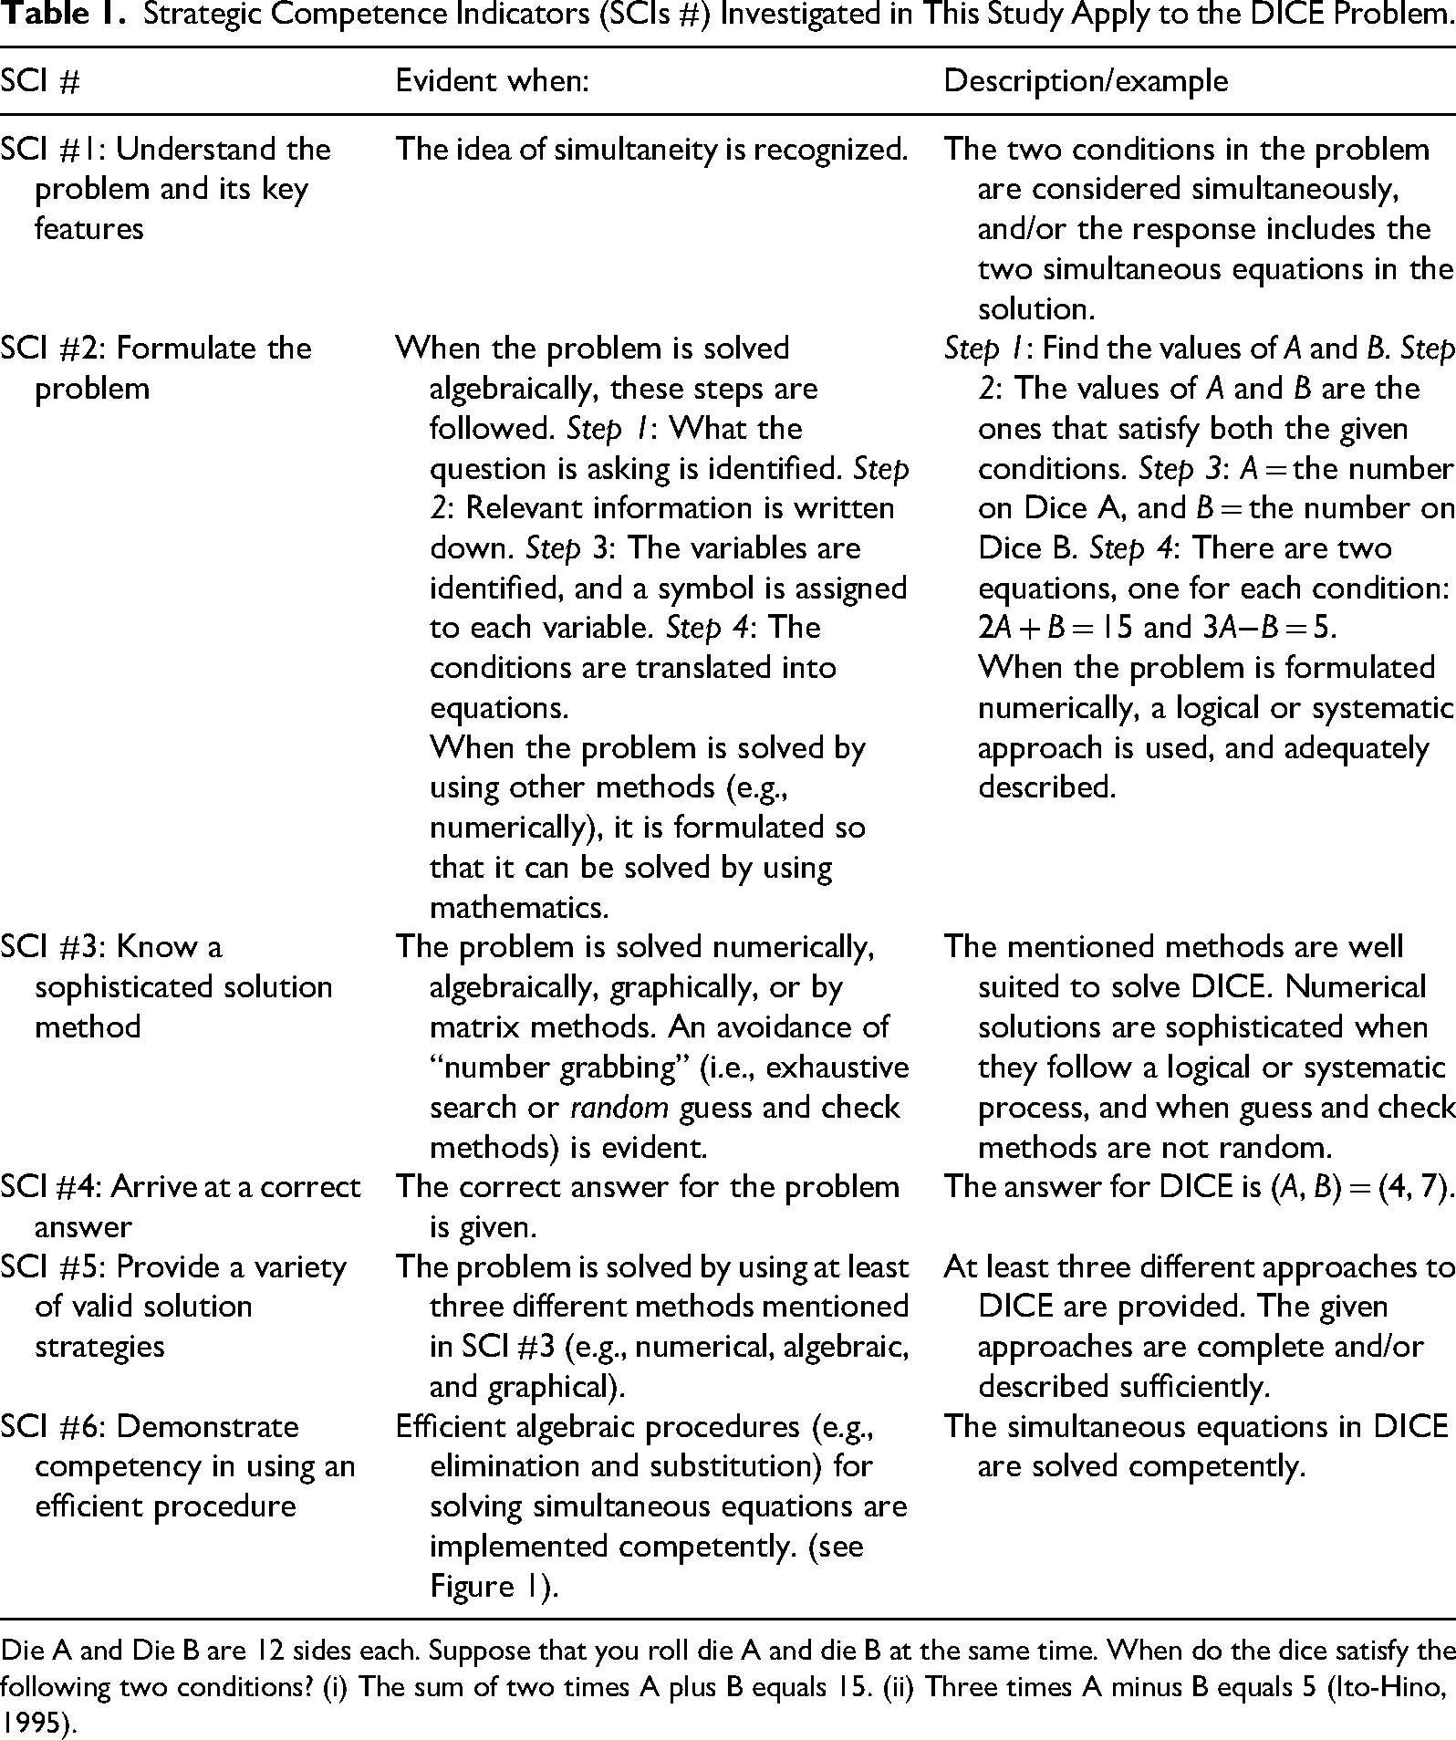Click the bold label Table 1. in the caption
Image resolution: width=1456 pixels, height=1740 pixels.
(x=62, y=16)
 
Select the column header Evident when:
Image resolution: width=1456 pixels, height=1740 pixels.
(x=492, y=81)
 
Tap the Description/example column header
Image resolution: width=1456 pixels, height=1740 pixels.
(x=1085, y=81)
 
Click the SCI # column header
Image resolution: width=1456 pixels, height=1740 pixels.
(x=41, y=82)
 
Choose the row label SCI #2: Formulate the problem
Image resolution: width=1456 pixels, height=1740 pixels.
(x=156, y=368)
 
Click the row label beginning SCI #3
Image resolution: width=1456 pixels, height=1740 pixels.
(x=165, y=986)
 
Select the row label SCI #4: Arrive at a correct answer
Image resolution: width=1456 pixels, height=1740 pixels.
(x=180, y=1206)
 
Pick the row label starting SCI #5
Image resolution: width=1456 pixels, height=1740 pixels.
(x=173, y=1306)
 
